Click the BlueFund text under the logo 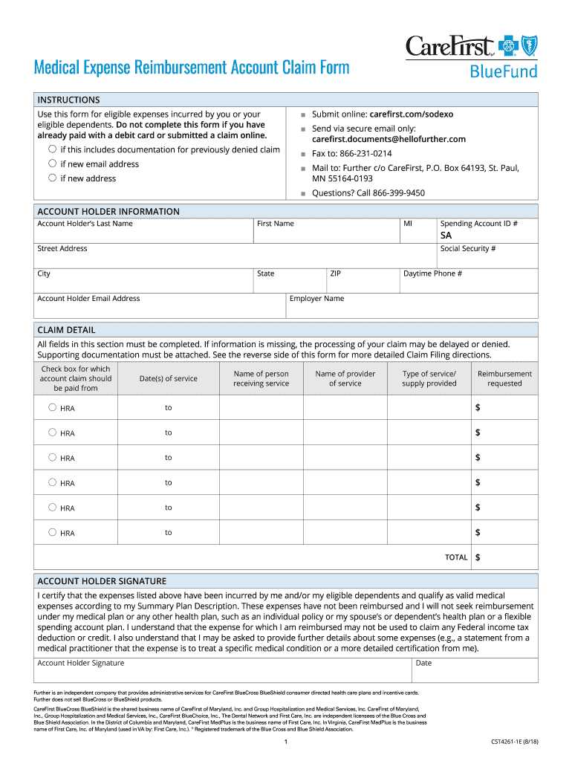point(502,72)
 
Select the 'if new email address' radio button point(53,163)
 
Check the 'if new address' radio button point(53,178)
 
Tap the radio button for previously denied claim point(53,149)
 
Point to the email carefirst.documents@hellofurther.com point(389,139)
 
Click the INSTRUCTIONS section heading point(68,100)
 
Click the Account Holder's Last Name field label point(85,224)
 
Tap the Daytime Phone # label point(432,273)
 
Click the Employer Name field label point(316,299)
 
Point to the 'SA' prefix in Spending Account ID point(446,236)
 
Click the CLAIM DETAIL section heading point(66,330)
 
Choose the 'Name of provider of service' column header point(345,378)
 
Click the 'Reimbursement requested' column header point(504,378)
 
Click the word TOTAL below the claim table point(456,557)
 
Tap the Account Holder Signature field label point(81,663)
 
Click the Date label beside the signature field point(423,663)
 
